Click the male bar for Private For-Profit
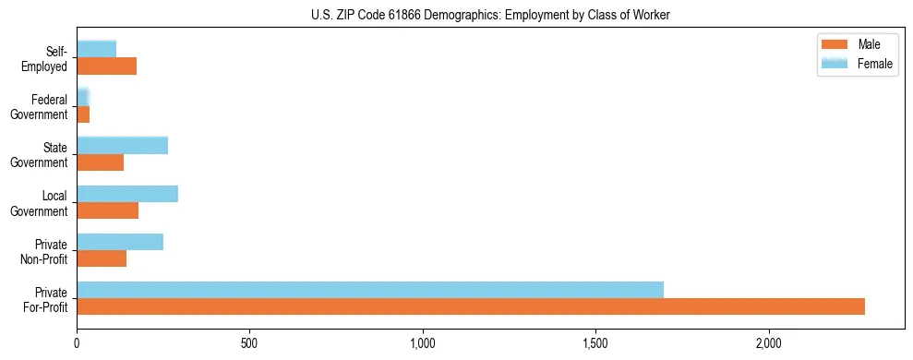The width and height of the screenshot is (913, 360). pyautogui.click(x=471, y=306)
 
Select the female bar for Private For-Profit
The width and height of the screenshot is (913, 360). pyautogui.click(x=370, y=290)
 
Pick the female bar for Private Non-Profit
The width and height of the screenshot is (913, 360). pyautogui.click(x=120, y=242)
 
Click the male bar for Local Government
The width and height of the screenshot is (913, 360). pyautogui.click(x=107, y=210)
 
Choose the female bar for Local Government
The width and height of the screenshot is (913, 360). pyautogui.click(x=127, y=194)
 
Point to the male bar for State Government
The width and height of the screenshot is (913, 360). pyautogui.click(x=100, y=162)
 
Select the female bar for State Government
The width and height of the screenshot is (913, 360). pyautogui.click(x=122, y=146)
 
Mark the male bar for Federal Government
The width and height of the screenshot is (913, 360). pyautogui.click(x=83, y=114)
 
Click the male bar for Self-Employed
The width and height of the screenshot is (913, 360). pyautogui.click(x=106, y=66)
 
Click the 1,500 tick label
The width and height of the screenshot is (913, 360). pyautogui.click(x=595, y=342)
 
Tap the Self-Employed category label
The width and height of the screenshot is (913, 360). pyautogui.click(x=45, y=58)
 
